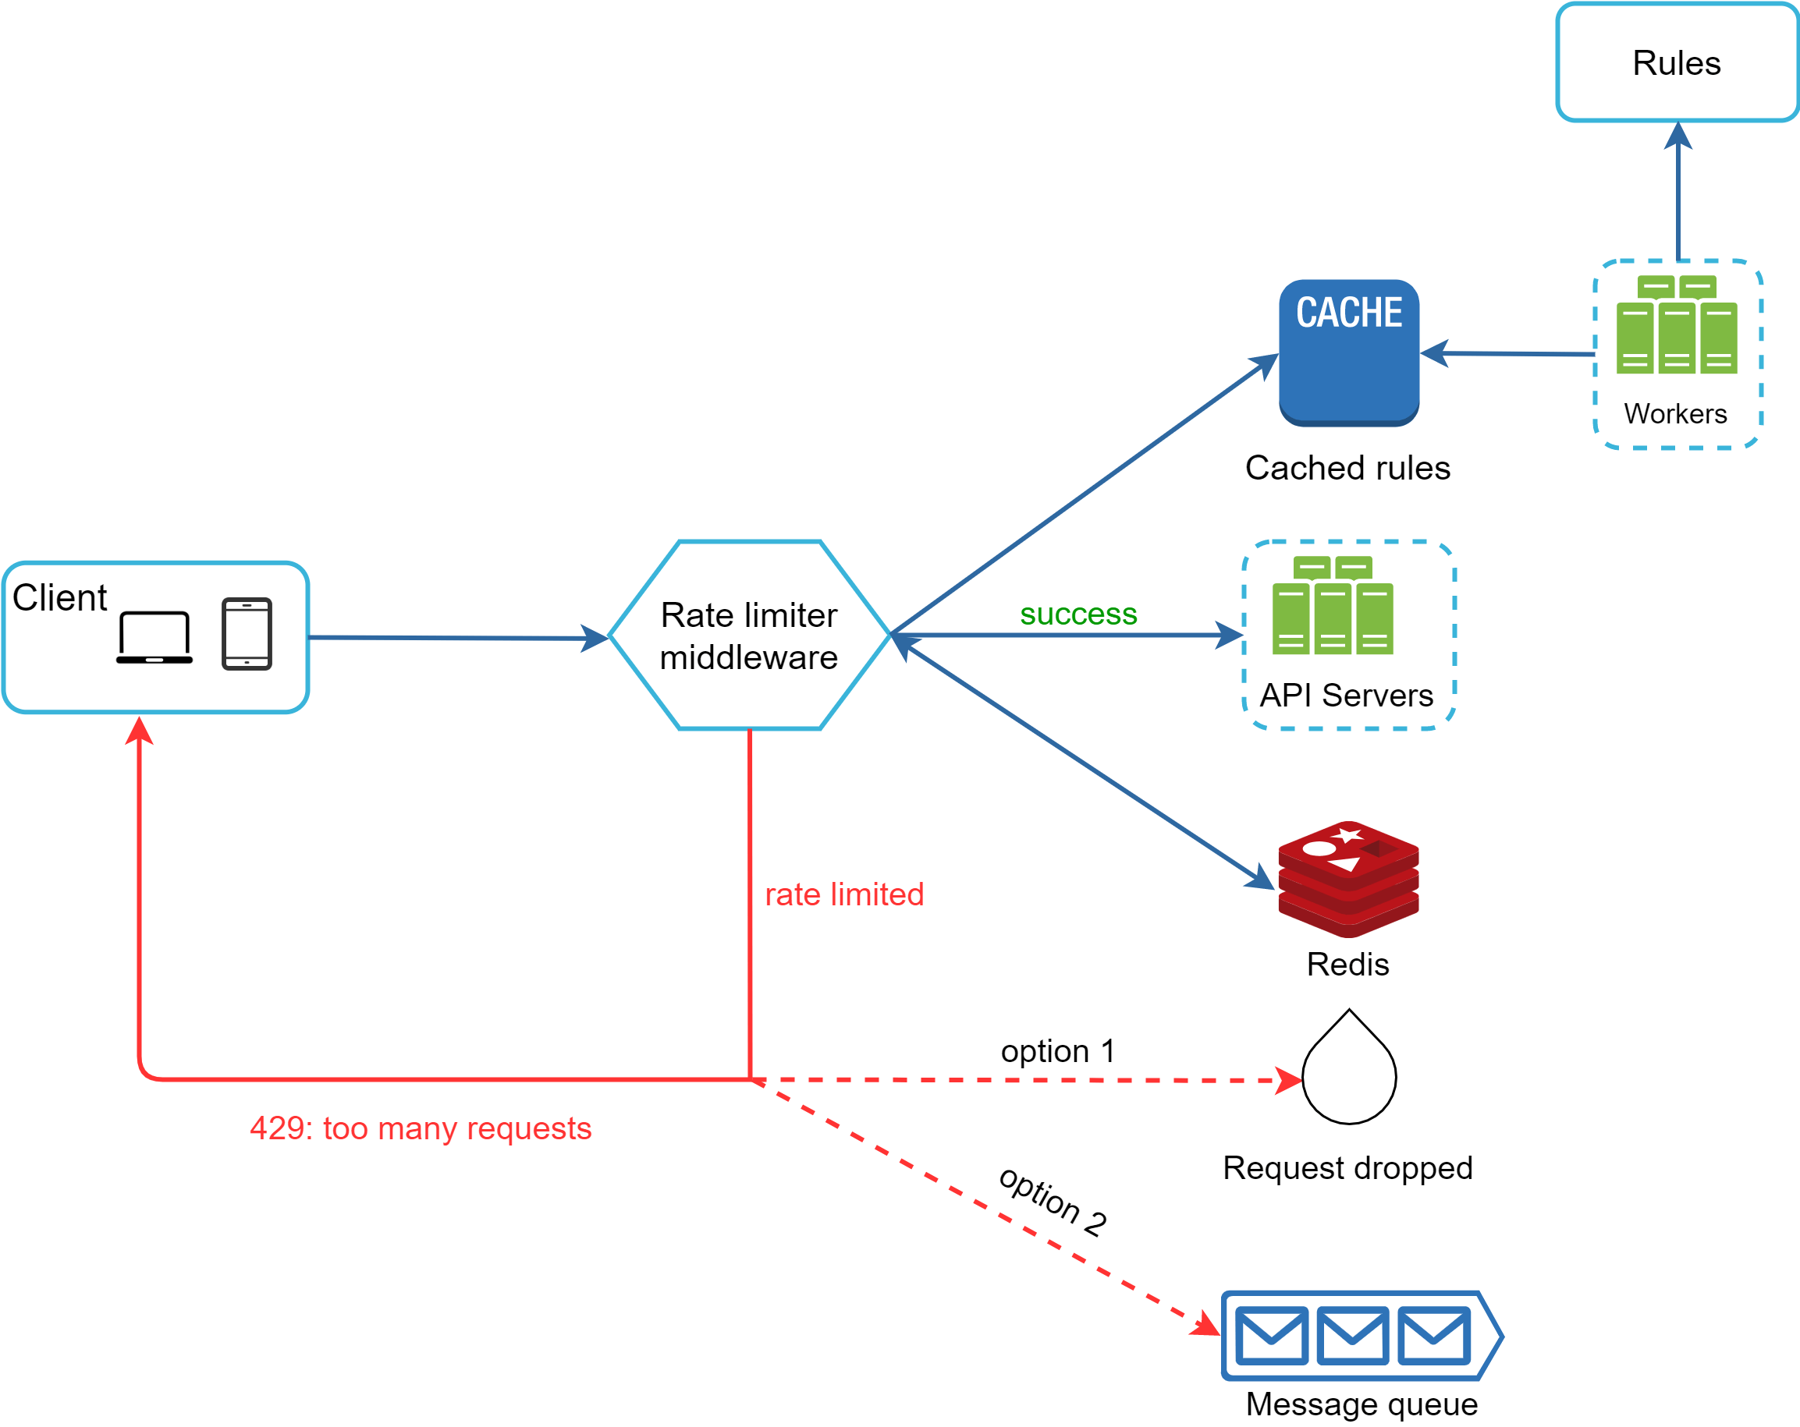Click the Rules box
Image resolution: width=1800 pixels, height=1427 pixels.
[x=1676, y=62]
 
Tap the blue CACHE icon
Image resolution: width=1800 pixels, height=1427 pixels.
[x=1348, y=352]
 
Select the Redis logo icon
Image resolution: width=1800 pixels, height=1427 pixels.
[x=1347, y=878]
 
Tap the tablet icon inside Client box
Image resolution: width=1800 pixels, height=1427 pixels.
[x=247, y=633]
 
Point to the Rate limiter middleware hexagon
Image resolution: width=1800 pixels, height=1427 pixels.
[x=749, y=635]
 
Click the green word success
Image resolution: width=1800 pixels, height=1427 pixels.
[x=1078, y=614]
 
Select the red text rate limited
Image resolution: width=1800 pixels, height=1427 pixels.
[x=844, y=894]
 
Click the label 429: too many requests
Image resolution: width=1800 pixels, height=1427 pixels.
[x=420, y=1128]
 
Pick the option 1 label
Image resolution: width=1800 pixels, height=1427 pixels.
[x=1057, y=1050]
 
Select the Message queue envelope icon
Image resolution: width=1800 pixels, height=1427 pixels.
[x=1352, y=1335]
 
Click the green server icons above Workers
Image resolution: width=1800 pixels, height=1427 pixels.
[x=1676, y=325]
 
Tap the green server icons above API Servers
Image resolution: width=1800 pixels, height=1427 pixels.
[x=1332, y=606]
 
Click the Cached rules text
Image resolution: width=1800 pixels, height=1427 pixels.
[x=1347, y=468]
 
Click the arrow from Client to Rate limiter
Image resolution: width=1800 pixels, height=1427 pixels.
[x=455, y=639]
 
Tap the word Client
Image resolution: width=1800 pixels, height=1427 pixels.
[x=60, y=598]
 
